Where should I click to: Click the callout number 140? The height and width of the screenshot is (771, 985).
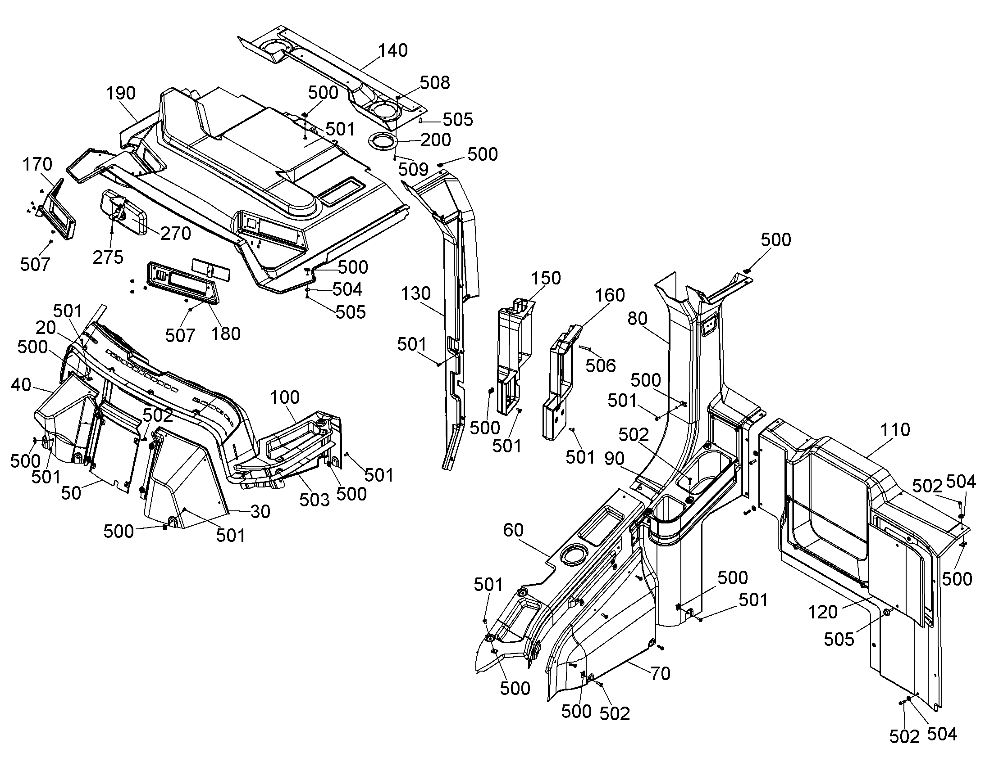392,50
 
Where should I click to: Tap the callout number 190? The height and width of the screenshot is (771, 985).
121,93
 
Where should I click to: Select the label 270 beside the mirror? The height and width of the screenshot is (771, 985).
176,234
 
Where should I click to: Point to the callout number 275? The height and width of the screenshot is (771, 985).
108,257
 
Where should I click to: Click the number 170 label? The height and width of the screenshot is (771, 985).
37,164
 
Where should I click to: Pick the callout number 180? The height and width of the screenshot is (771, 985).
226,334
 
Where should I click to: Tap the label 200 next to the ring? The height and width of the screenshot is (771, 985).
436,140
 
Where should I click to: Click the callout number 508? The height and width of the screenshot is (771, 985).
435,83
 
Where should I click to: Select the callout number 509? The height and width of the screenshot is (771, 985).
414,170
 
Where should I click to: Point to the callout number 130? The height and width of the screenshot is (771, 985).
416,294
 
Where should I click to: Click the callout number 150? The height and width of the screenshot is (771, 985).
546,278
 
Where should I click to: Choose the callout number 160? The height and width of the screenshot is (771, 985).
610,295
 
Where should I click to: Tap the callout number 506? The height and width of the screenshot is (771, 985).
601,365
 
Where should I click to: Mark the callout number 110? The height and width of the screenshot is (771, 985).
895,430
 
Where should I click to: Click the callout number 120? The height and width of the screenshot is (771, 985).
822,612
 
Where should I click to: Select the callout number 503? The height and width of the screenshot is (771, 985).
315,500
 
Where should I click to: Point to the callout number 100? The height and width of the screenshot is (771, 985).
285,398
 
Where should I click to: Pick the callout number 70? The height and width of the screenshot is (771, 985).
660,674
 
